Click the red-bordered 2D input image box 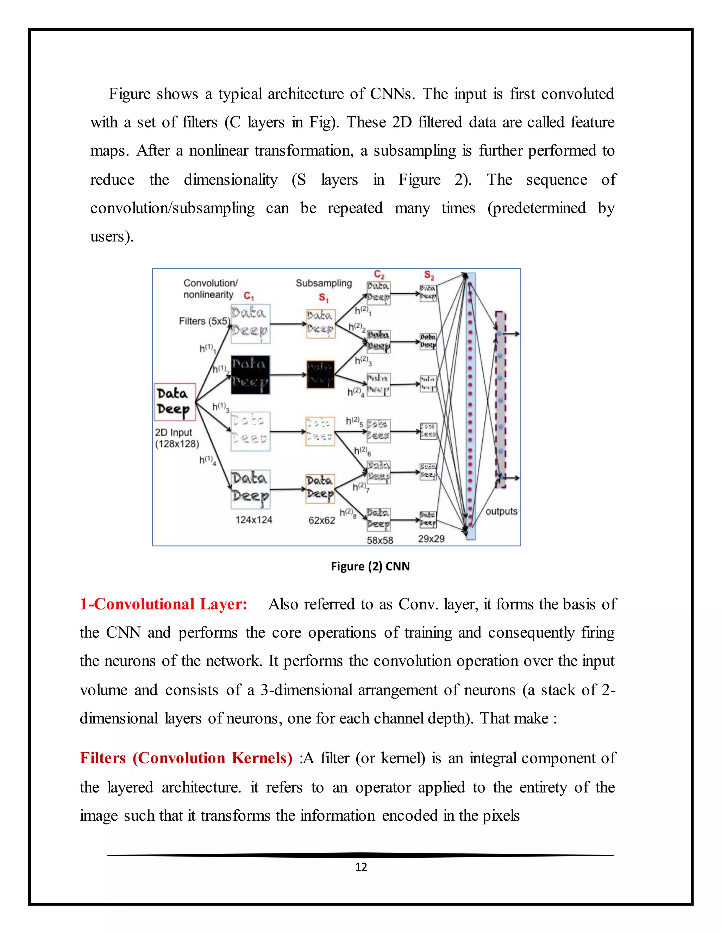click(x=175, y=402)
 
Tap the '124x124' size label click(x=254, y=520)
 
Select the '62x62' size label click(x=322, y=520)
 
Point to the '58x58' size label click(x=380, y=540)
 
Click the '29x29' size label click(x=431, y=539)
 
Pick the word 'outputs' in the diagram click(x=501, y=511)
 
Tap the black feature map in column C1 click(x=250, y=375)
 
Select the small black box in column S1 click(x=320, y=374)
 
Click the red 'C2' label click(x=379, y=274)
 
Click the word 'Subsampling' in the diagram click(x=324, y=283)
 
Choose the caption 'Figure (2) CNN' click(x=370, y=566)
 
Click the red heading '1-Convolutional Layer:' click(x=164, y=605)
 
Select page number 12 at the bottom click(x=361, y=867)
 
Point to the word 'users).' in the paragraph click(x=112, y=236)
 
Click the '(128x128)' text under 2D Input click(x=177, y=444)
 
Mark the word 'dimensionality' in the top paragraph click(x=231, y=180)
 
